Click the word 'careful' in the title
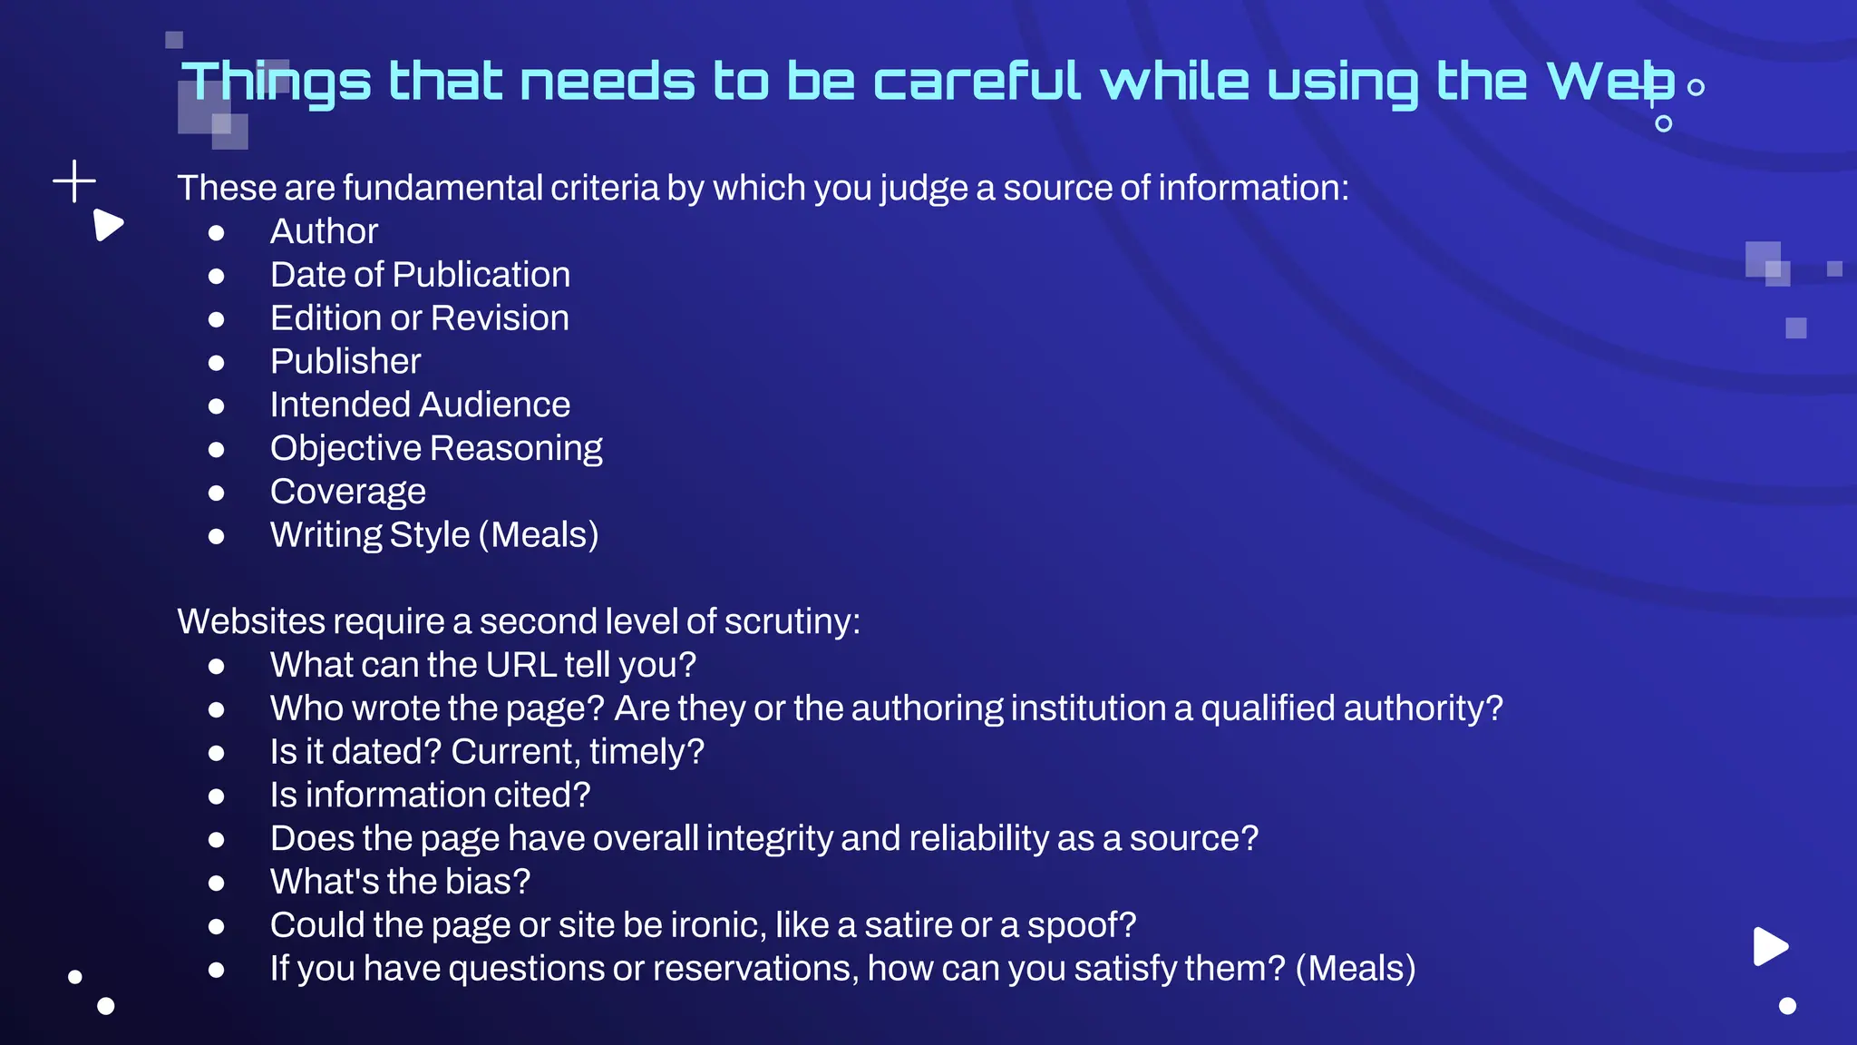pos(977,81)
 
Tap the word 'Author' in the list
pos(324,231)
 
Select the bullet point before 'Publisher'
pos(216,363)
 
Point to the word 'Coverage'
pos(347,492)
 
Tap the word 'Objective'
pos(345,448)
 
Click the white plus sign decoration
pos(74,181)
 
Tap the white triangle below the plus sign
pos(107,225)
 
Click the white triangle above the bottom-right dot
pos(1769,946)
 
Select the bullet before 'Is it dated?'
pos(216,753)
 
